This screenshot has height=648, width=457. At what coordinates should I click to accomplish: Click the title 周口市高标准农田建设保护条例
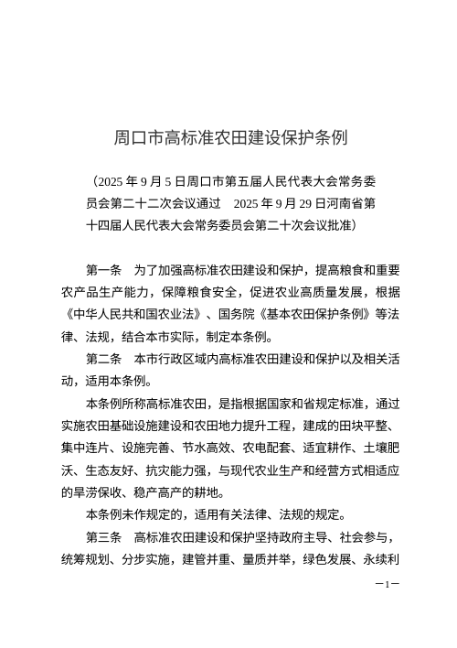pyautogui.click(x=228, y=139)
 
